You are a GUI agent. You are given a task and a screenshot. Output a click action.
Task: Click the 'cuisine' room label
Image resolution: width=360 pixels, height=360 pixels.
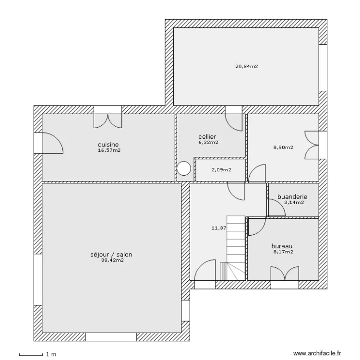point(108,144)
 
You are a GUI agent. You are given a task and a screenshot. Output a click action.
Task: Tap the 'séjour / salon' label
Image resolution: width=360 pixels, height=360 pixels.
point(111,254)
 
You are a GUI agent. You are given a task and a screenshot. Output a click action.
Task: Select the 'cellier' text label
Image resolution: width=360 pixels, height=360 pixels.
point(207,137)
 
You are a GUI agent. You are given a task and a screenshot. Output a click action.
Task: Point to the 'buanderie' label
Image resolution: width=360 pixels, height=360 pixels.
point(292,197)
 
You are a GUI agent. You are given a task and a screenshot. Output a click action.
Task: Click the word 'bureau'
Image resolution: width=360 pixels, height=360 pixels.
point(282,246)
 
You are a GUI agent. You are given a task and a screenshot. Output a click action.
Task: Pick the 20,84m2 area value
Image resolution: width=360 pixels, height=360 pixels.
point(247,67)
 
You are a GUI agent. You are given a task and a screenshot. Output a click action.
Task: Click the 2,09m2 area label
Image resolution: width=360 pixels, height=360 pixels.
point(221,170)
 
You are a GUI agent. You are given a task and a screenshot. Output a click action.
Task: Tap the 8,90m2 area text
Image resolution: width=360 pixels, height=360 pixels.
point(283,147)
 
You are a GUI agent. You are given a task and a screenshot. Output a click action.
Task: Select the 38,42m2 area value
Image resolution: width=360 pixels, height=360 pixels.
point(112,260)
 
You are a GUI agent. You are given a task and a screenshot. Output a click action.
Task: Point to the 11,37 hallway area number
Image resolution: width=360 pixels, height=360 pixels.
point(219,228)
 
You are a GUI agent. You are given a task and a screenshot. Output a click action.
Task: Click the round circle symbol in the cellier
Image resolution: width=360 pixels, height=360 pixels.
point(184,168)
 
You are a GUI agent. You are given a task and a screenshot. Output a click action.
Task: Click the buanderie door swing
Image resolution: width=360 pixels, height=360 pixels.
point(277,207)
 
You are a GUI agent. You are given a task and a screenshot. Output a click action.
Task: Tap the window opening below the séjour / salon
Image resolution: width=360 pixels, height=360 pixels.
point(111,337)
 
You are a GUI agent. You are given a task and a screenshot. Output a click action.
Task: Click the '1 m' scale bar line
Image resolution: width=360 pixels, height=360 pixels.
point(31,355)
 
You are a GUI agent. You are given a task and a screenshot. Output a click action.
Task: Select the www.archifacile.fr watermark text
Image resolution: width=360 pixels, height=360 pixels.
point(317,353)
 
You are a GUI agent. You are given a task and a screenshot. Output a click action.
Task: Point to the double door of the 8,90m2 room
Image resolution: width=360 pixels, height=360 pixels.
point(312,145)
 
